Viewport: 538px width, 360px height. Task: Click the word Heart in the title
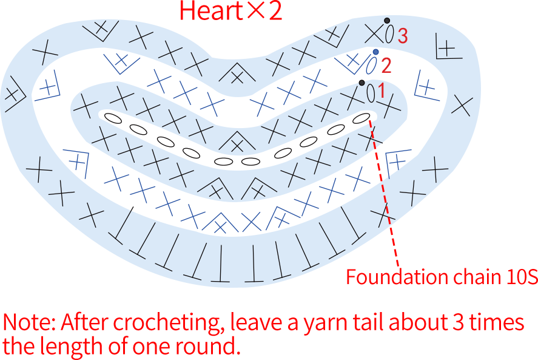point(211,11)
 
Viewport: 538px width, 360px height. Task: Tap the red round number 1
point(381,91)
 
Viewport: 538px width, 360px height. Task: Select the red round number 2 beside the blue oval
point(386,66)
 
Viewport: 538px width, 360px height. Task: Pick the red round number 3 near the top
point(403,35)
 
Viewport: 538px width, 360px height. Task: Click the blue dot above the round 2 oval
point(375,52)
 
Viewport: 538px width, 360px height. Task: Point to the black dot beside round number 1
point(361,83)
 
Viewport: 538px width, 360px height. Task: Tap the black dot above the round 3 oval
point(387,21)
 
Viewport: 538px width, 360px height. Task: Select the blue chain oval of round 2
point(371,66)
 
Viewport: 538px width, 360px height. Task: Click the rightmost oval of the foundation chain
point(361,118)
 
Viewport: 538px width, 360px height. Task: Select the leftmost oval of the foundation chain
point(113,118)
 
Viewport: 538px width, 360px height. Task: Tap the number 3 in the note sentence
point(459,322)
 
